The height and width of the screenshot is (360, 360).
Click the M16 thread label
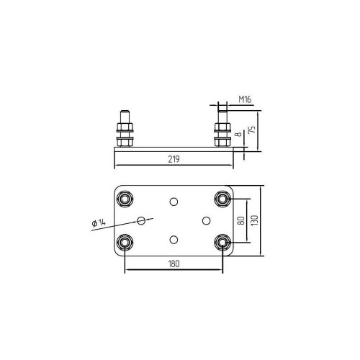click(x=245, y=99)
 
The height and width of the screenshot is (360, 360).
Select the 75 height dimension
click(x=252, y=130)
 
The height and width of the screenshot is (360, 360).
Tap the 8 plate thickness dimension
click(x=239, y=134)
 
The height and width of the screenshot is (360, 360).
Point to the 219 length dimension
click(x=174, y=159)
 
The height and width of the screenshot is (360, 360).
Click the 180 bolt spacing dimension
click(x=174, y=264)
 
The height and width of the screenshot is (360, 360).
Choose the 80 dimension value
click(x=241, y=220)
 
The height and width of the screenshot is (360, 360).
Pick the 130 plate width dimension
click(x=254, y=220)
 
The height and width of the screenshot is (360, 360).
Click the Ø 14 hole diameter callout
click(x=99, y=223)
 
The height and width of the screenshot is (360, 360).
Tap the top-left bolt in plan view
click(x=125, y=199)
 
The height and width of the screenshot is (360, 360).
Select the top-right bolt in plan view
click(x=222, y=199)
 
